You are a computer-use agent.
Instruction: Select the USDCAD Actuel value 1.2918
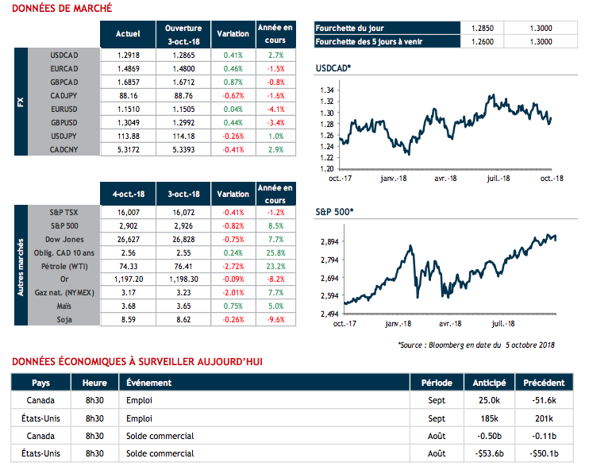point(128,56)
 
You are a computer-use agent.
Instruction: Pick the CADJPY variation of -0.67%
point(233,94)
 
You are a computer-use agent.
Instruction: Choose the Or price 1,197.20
point(127,280)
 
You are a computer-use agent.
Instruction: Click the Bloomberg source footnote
point(475,345)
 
